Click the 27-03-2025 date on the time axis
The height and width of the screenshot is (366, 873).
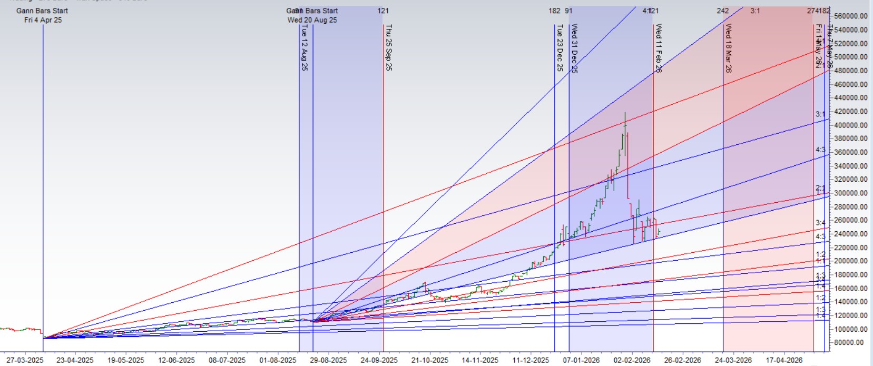click(25, 360)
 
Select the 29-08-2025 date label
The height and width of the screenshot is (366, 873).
click(329, 360)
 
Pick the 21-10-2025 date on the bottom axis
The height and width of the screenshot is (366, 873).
click(429, 360)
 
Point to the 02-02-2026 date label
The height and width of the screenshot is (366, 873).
click(632, 360)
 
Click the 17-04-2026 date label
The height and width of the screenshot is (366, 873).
click(784, 360)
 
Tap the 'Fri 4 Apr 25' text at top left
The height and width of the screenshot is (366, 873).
click(43, 20)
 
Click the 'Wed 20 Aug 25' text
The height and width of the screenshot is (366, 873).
click(312, 20)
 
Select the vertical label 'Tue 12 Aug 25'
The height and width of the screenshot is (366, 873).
click(305, 47)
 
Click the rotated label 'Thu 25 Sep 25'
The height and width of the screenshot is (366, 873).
click(389, 47)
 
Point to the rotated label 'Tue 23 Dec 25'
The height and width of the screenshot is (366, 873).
click(560, 47)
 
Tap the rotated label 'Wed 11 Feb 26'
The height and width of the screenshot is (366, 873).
click(659, 47)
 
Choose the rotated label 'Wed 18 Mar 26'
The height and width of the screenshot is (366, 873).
click(729, 47)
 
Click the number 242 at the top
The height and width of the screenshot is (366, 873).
click(723, 11)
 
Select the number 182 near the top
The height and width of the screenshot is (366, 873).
click(554, 11)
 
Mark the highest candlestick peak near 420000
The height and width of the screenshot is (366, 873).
click(625, 113)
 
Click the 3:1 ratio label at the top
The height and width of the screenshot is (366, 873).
click(755, 11)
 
